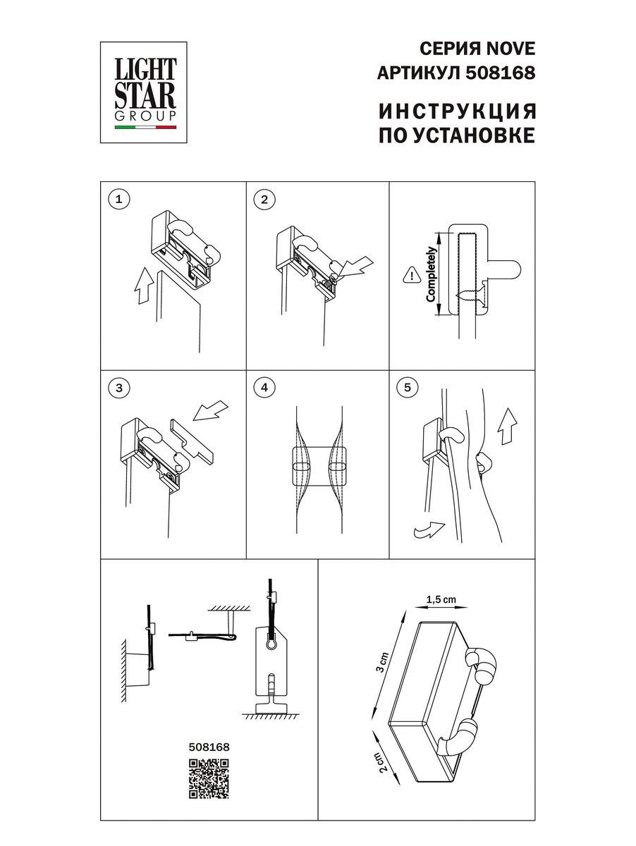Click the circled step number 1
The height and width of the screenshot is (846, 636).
(x=119, y=200)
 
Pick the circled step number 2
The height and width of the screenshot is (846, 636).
(x=264, y=200)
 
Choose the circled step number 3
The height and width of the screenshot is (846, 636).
(x=119, y=387)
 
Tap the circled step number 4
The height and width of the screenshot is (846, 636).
(x=264, y=387)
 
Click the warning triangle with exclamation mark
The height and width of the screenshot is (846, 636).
(x=410, y=276)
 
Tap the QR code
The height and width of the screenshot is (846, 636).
(x=209, y=778)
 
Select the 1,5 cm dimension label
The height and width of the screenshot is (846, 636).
(x=441, y=600)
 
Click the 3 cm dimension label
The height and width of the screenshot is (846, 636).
(x=381, y=663)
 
